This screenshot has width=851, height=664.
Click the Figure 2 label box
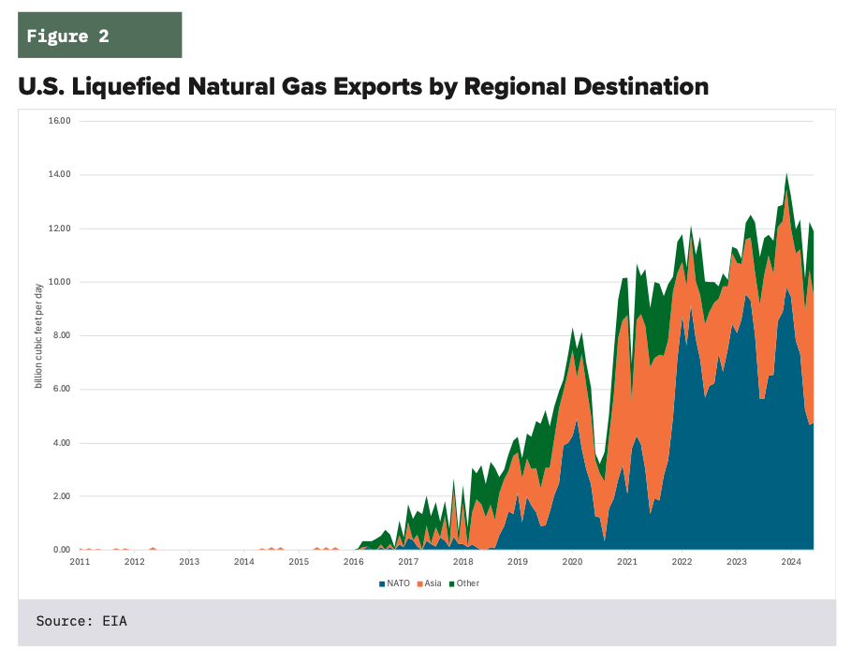click(99, 36)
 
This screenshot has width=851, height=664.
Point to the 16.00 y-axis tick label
click(61, 121)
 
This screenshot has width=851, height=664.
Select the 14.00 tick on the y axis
click(61, 174)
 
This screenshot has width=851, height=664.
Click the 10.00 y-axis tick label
click(61, 282)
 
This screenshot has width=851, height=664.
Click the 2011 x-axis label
click(80, 562)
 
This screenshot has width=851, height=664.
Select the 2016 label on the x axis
click(354, 562)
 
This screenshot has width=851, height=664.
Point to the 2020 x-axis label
click(572, 562)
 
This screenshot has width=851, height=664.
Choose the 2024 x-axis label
click(791, 562)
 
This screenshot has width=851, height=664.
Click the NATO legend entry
click(394, 583)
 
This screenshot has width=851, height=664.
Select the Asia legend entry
click(431, 583)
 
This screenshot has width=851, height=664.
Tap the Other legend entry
click(465, 583)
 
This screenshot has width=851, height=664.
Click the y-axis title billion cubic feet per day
click(38, 335)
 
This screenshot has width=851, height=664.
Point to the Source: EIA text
click(81, 621)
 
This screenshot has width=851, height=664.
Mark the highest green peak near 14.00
click(786, 175)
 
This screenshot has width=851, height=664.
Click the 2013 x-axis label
click(189, 562)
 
